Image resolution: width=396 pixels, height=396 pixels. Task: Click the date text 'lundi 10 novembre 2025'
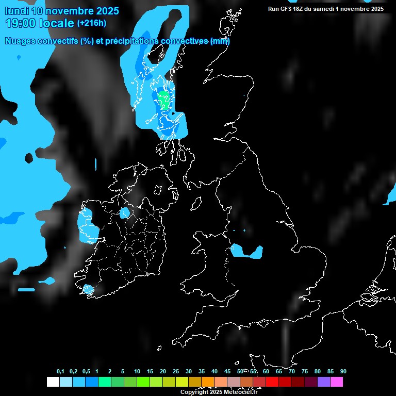coord(62,11)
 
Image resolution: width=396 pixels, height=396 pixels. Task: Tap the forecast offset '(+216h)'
coord(92,23)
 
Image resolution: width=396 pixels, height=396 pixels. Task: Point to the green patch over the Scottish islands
coord(164,98)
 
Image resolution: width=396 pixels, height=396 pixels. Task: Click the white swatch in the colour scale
coord(53,382)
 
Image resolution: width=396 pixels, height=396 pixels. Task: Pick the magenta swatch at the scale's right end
coord(336,382)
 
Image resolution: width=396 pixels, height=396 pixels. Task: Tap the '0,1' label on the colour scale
coord(60,372)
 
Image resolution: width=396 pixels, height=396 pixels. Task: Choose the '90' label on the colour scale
coord(343,372)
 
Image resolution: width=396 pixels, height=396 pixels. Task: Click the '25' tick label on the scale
coord(175,372)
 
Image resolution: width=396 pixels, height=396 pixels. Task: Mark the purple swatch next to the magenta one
coord(323,382)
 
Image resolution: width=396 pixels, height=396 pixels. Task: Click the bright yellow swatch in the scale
coord(181,382)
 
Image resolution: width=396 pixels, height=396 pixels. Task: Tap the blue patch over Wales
coord(247,251)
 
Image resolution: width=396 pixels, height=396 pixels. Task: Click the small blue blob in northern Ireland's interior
coord(125,213)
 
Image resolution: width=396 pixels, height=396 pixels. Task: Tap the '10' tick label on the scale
coord(137,372)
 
